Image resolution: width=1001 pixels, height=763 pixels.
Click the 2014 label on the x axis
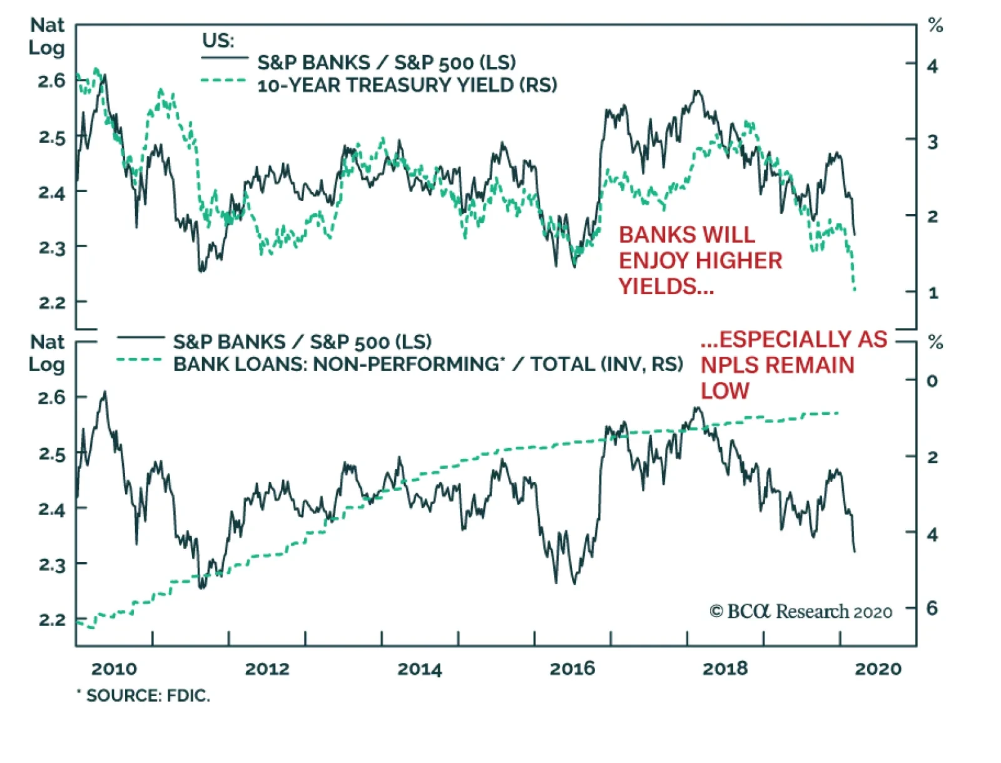point(419,669)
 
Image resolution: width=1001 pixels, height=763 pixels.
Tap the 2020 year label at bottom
point(878,669)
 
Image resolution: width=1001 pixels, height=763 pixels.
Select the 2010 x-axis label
point(114,669)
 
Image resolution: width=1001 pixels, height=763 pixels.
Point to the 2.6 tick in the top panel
point(51,81)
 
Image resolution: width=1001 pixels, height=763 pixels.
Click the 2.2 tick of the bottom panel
point(51,620)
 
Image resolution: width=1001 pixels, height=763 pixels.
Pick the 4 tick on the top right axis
point(932,66)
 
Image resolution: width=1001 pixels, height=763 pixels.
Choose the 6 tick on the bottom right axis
point(932,608)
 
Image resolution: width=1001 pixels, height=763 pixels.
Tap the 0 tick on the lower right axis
point(932,381)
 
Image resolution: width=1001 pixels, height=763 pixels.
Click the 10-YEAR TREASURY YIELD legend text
point(407,85)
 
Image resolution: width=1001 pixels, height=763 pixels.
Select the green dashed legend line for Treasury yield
point(224,81)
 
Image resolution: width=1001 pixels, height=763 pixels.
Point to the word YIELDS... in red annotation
point(666,287)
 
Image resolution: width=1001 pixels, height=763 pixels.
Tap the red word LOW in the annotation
point(724,391)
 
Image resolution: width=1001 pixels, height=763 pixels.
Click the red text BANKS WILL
point(687,235)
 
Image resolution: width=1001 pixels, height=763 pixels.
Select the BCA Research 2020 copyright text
point(801,612)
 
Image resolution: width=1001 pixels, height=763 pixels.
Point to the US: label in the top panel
point(218,41)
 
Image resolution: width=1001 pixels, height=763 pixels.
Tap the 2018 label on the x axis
point(724,669)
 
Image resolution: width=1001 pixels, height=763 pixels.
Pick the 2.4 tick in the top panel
point(51,192)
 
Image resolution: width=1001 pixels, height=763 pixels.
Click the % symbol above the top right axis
point(935,26)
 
